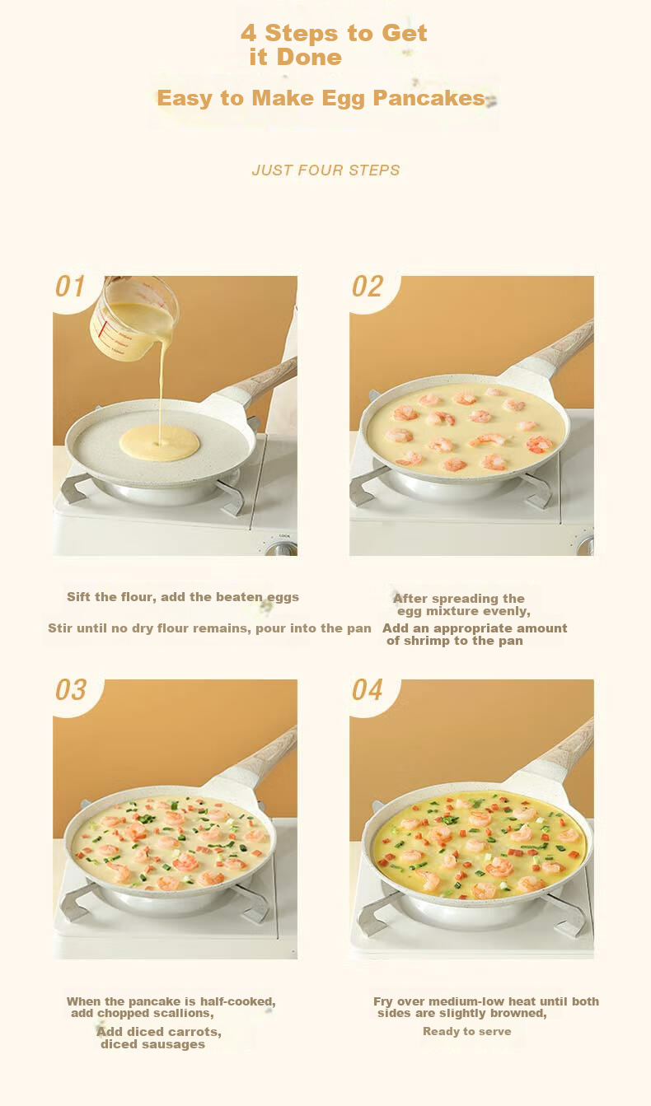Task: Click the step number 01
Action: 70,287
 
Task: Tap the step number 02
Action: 367,287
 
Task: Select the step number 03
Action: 71,690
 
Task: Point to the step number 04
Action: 367,690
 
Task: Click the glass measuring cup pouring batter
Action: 133,316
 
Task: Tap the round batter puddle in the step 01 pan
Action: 159,442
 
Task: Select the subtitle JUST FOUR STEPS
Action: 325,170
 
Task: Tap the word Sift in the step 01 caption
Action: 79,597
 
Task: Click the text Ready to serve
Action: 466,1031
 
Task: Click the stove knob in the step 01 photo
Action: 283,548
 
